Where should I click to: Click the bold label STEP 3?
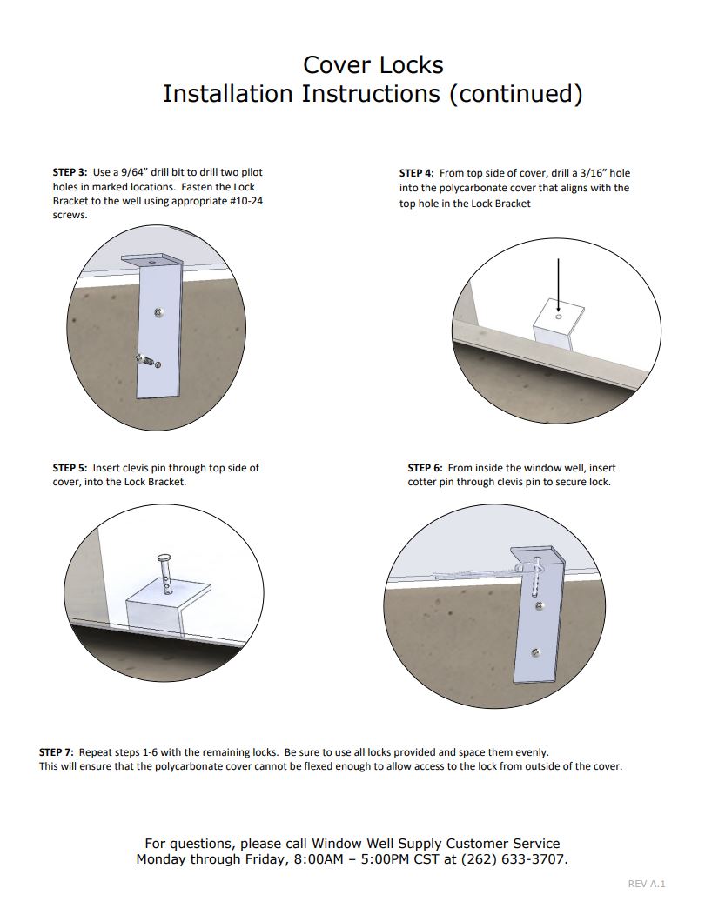70,172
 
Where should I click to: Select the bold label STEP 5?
70,468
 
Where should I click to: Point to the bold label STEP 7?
57,751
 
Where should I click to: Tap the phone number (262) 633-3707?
520,859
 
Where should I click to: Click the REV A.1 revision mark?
646,884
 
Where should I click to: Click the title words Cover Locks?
373,65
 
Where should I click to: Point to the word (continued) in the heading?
514,94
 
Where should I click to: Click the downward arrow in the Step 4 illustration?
558,284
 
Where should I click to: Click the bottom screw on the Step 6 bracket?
539,651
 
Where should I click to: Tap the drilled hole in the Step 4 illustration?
558,317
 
